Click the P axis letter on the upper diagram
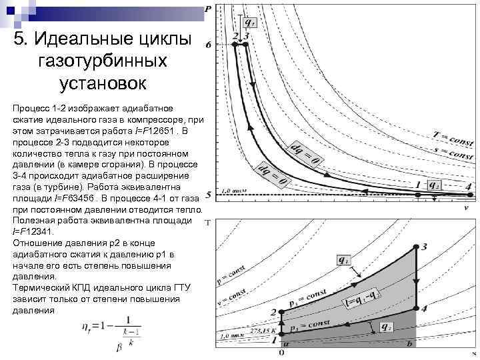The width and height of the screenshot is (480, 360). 209,9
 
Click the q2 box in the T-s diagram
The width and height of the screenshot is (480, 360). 385,327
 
